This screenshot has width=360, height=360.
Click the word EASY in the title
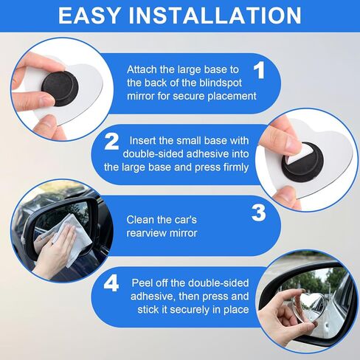pos(89,15)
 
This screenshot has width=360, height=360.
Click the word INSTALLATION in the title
pos(215,15)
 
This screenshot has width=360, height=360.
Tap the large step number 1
pos(259,70)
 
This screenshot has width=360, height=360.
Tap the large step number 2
pos(111,142)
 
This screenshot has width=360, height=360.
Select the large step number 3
pos(259,212)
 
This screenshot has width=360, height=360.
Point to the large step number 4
pos(111,283)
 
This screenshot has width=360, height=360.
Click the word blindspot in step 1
pos(221,83)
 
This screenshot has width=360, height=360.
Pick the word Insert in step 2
pos(142,141)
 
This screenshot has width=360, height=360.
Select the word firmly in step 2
pos(236,167)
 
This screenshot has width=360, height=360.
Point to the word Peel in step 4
pos(141,283)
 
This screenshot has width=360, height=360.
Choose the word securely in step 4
pos(189,310)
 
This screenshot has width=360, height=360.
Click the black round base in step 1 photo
pos(60,88)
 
